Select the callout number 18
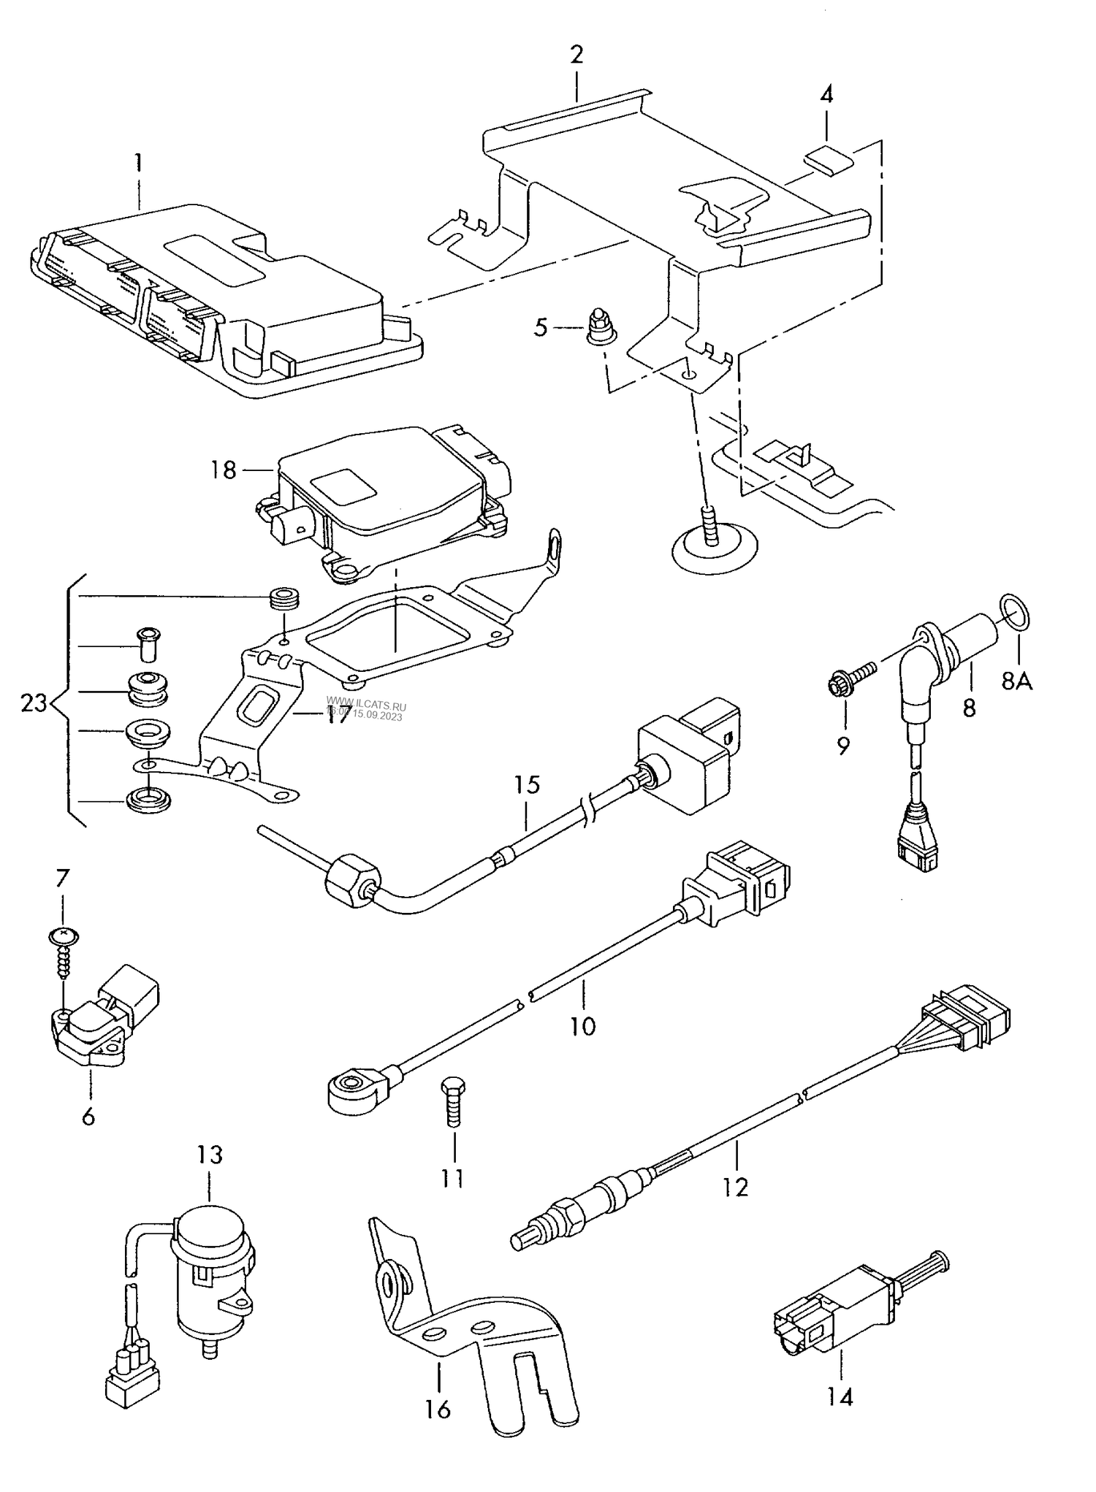tap(224, 470)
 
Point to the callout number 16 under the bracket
tap(438, 1409)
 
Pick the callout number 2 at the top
tap(576, 55)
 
